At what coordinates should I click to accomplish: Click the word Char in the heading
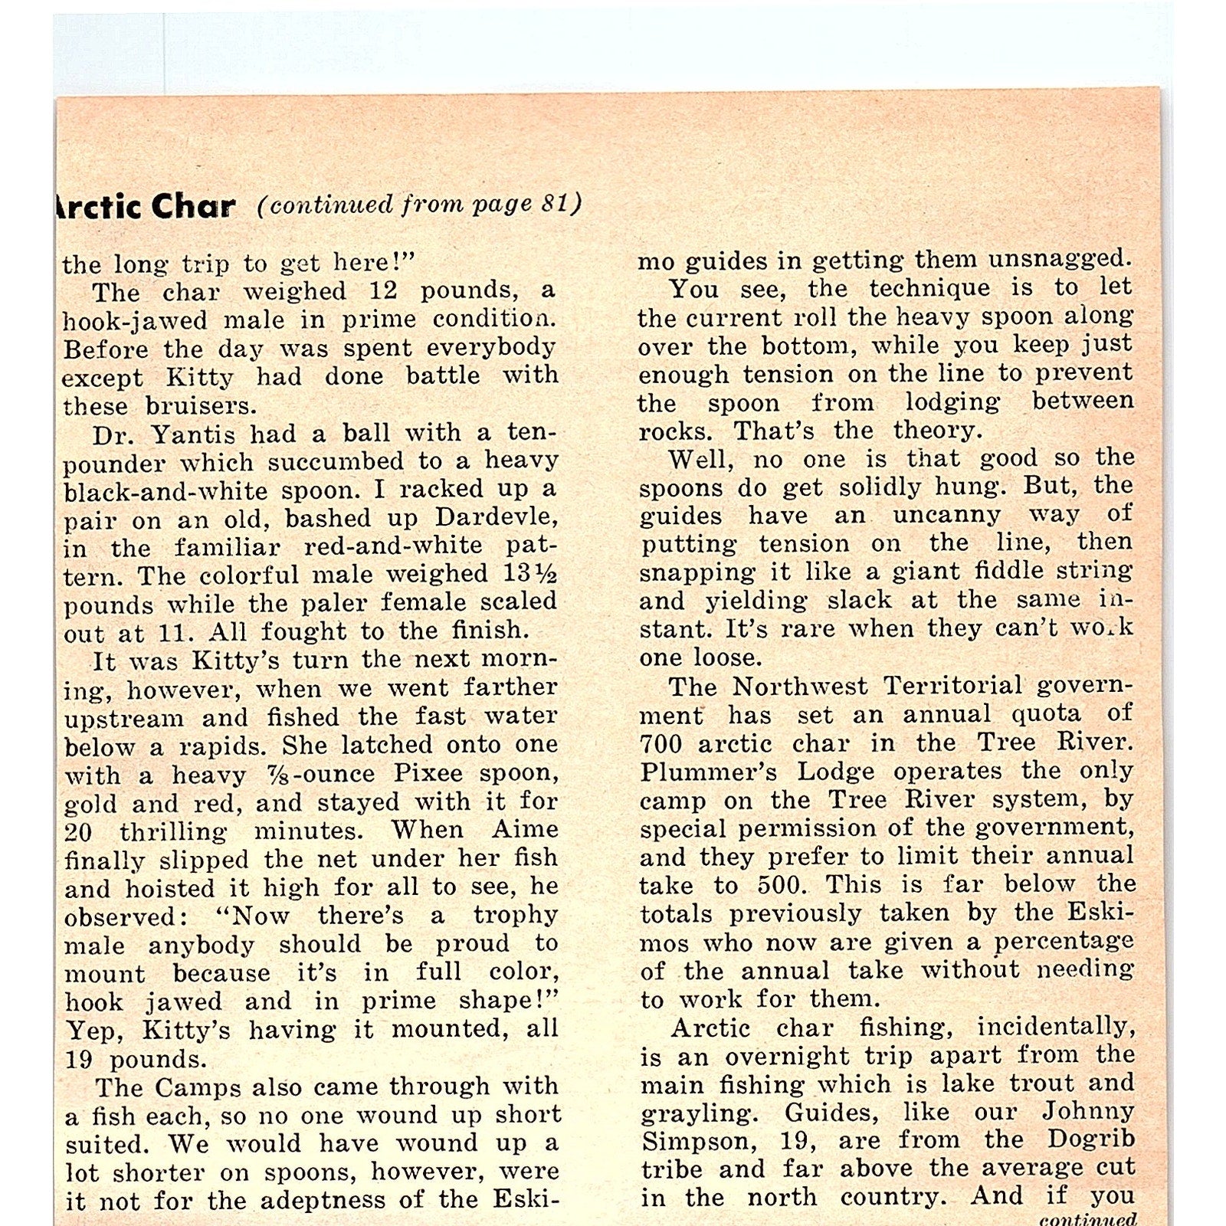tap(192, 206)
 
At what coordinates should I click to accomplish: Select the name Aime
tap(531, 830)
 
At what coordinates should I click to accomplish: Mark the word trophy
tap(516, 915)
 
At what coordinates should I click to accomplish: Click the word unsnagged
tap(1058, 259)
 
